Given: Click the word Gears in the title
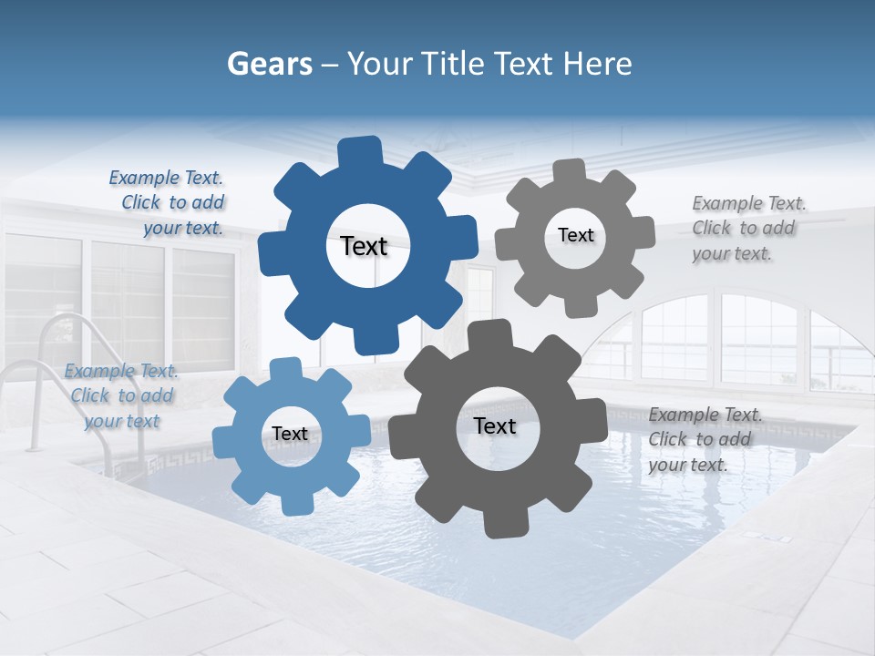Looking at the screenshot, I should pos(270,64).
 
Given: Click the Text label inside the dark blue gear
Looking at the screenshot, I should pos(364,246).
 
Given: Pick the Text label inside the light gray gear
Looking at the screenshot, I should pos(575,235).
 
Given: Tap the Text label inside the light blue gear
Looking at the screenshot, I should pos(290,434).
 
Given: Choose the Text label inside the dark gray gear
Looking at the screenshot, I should pos(495,425).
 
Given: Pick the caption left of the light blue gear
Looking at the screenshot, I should pos(121,396).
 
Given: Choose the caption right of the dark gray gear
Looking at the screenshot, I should pos(704,440).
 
